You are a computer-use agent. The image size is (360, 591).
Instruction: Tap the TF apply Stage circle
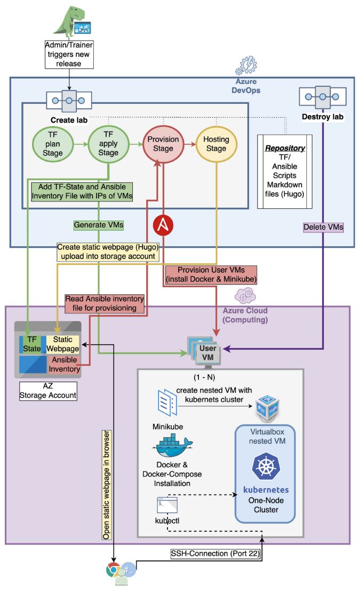click(108, 144)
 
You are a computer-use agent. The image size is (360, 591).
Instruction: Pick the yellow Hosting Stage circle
click(215, 144)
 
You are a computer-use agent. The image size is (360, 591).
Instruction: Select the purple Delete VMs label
click(323, 227)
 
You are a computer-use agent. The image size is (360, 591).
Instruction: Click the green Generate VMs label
click(99, 225)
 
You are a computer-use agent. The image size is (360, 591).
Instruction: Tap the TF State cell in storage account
click(33, 344)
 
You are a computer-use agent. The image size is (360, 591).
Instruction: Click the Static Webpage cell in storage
click(62, 344)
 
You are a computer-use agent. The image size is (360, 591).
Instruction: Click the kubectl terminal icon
click(166, 505)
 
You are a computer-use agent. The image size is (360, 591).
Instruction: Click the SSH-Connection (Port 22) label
click(215, 554)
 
